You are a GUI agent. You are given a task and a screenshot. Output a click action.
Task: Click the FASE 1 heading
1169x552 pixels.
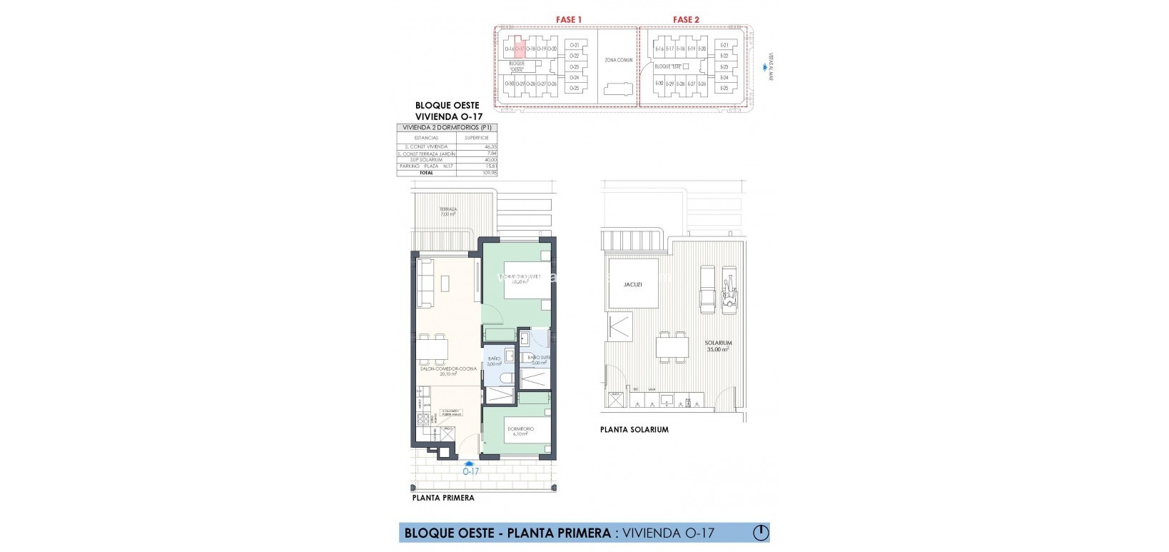pos(570,19)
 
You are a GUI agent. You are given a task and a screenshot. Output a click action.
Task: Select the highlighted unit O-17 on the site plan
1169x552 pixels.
pos(520,48)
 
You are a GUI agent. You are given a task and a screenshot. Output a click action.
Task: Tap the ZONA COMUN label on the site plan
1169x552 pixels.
pos(619,60)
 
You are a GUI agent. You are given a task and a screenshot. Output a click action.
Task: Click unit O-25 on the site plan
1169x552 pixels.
pos(575,89)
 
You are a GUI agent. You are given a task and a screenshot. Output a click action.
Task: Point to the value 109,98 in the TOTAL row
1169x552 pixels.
pos(490,173)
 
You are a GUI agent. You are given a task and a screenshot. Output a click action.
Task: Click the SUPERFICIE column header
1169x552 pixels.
pos(476,138)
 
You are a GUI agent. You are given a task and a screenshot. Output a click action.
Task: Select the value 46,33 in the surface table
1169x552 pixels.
pos(490,147)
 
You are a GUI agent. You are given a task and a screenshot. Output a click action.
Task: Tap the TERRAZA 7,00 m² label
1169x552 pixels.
pos(448,212)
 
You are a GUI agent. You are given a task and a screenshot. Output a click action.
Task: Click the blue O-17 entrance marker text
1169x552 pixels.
pos(470,471)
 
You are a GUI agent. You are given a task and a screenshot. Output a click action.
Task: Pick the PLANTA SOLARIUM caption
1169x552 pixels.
pos(634,430)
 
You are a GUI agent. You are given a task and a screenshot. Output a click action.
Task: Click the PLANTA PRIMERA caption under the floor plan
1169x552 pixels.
pos(442,498)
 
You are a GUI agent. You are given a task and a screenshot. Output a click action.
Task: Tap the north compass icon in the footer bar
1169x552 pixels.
pos(761,532)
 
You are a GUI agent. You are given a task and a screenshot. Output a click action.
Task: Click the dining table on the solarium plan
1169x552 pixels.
pos(672,346)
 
